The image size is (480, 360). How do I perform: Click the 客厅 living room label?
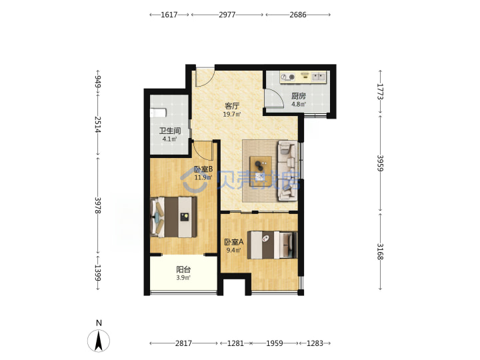point(232,106)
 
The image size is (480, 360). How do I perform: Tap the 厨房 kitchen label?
point(299,96)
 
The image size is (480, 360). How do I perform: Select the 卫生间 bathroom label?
point(169,131)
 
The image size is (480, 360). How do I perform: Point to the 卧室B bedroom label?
point(203,169)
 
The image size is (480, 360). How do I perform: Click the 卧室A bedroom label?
point(234,242)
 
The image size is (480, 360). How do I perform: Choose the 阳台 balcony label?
point(183,270)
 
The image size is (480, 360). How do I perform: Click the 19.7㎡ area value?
point(232,115)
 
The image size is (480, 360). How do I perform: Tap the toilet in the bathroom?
point(158,113)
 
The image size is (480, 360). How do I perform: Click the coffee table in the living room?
point(261,167)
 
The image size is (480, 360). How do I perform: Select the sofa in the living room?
point(287,171)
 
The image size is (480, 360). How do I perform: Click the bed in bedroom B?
point(173,217)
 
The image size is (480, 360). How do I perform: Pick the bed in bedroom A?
point(272,245)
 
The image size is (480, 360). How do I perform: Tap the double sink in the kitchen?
point(319,77)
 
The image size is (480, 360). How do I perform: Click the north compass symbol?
point(99,341)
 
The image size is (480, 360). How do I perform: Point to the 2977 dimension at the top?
point(227,15)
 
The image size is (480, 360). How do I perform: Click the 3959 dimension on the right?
point(380,163)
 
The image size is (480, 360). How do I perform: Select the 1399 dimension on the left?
point(97,273)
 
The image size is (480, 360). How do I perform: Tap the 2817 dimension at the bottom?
point(183,343)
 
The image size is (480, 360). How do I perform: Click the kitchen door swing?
point(273,97)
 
